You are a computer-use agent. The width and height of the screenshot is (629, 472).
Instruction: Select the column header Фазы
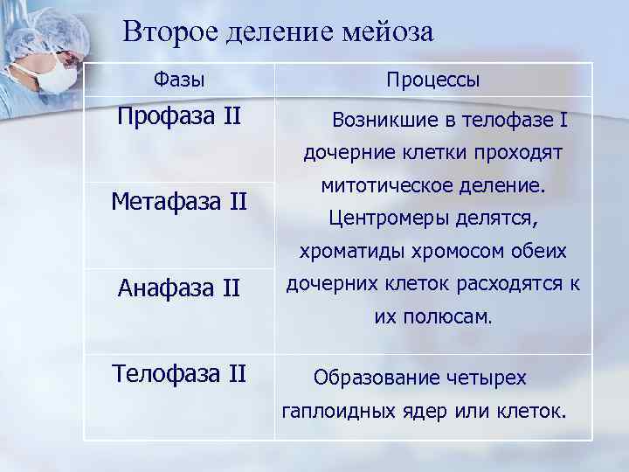(179, 80)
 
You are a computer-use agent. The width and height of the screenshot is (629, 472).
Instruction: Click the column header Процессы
(433, 80)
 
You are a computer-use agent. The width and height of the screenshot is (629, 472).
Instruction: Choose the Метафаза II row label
(179, 202)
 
